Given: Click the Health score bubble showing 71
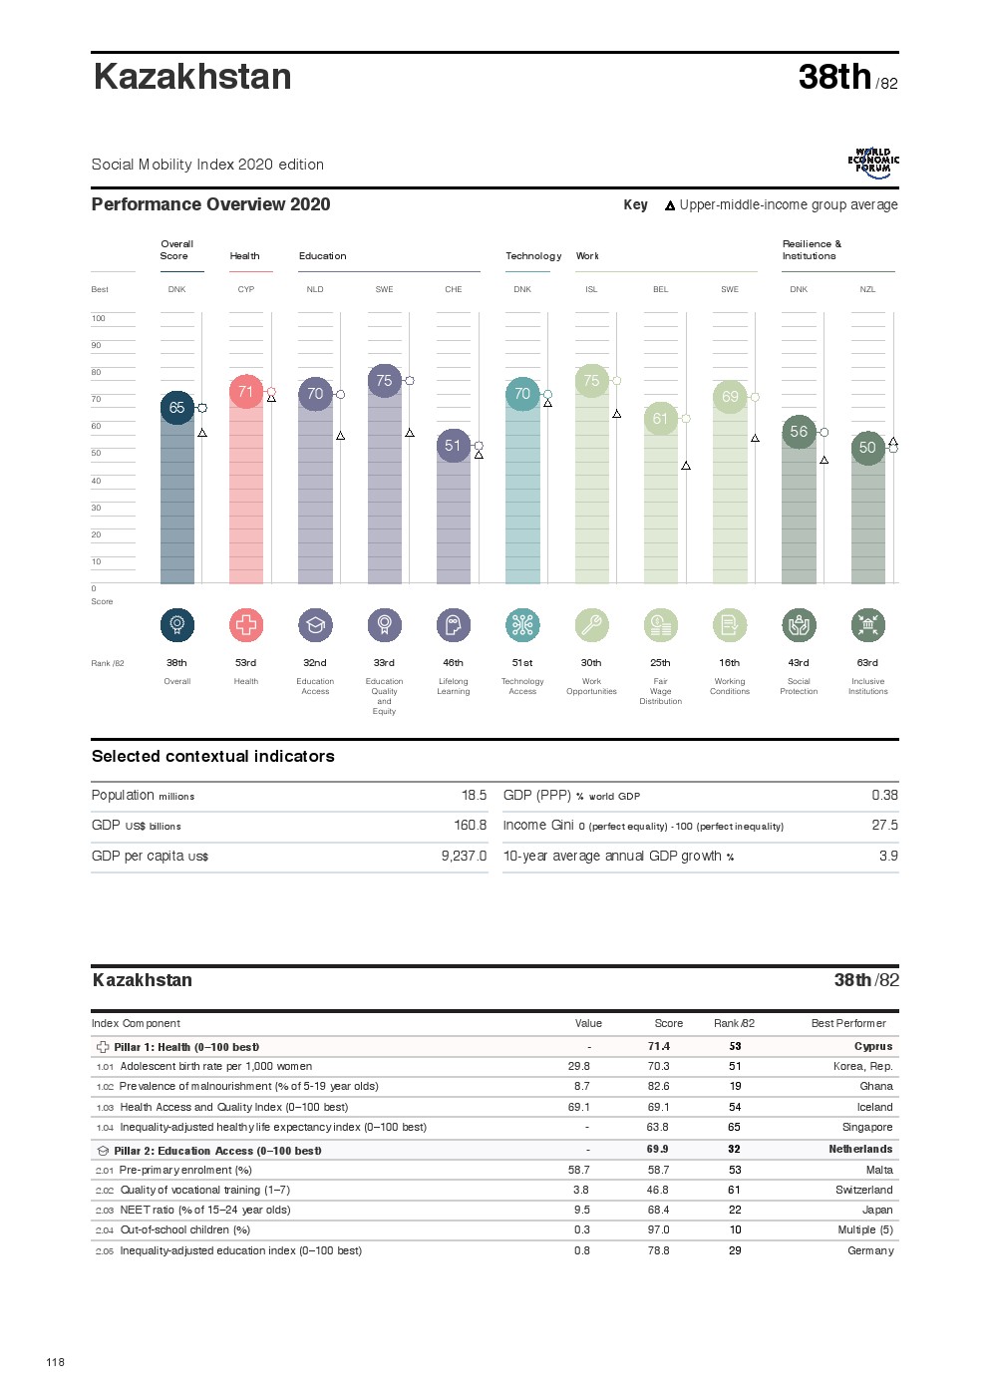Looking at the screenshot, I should coord(246,392).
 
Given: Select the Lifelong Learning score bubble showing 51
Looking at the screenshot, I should coord(453,446).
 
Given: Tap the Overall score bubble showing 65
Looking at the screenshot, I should coord(176,408).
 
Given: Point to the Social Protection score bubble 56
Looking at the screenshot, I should coord(799,432).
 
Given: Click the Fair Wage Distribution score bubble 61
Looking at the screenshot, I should coord(660,419).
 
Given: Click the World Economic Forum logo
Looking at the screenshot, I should coord(873,163).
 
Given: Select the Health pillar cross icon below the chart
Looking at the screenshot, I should coord(246,625).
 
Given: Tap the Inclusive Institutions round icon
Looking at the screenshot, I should coord(867,625).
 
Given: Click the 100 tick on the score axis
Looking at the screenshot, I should coord(98,319).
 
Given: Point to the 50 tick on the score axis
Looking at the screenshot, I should coord(97,454).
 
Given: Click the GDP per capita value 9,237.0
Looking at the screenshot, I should coord(464,856).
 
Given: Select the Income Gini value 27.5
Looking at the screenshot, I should coord(884,826).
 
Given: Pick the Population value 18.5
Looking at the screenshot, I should coord(474,796).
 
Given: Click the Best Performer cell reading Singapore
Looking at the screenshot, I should coord(867,1128).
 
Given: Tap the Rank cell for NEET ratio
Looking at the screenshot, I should coord(735,1210).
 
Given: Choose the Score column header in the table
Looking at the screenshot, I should coord(668,1024).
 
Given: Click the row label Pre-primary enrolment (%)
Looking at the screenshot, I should coord(185,1170).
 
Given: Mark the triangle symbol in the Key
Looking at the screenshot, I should coord(670,205).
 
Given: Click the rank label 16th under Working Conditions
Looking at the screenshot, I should coord(730,663).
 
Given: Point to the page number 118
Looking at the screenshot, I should coord(56,1362).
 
